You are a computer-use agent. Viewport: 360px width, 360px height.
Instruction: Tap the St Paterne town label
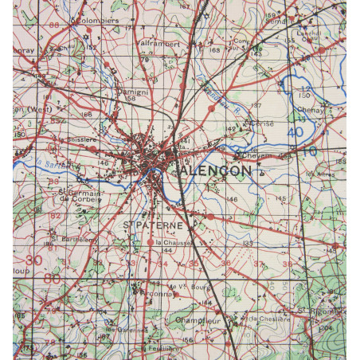151,226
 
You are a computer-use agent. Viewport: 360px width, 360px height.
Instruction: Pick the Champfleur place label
204,323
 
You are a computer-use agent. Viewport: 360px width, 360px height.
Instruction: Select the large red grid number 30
33,260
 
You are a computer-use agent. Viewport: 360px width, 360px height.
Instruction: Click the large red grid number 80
52,279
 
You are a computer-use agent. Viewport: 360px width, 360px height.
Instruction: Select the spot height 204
326,327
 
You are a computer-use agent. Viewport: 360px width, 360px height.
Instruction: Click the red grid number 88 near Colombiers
54,25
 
